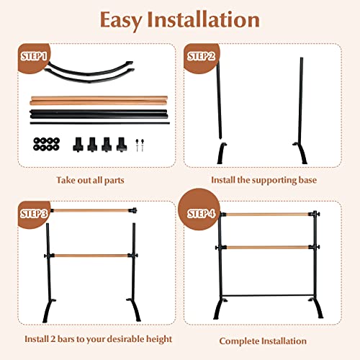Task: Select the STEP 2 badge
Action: point(202,55)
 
